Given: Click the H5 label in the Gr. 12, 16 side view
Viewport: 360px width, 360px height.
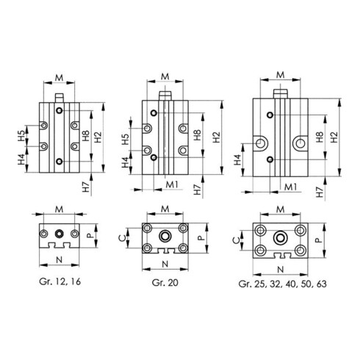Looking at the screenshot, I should coord(22,136).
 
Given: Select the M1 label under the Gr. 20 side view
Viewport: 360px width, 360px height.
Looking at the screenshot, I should coord(170,184).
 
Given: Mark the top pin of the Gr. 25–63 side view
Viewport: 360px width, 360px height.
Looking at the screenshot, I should coord(280,93).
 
